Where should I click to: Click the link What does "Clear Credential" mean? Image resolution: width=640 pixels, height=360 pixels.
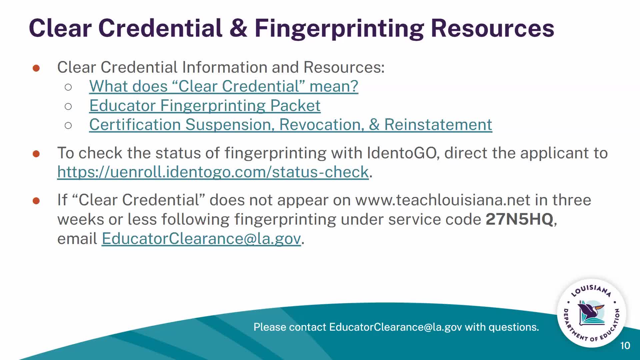point(224,86)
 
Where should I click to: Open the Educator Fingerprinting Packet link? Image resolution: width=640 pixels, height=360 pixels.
point(205,106)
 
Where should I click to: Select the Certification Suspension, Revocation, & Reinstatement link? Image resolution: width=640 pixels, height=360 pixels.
point(290,125)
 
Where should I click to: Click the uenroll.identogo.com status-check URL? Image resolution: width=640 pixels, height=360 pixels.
point(213,172)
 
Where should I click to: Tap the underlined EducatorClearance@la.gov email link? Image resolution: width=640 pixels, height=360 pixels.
point(201,239)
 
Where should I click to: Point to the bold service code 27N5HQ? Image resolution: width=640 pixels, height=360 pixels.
point(519,219)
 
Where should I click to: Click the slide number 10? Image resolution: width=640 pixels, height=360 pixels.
point(625,346)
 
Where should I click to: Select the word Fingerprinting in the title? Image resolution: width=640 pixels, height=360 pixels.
point(339,28)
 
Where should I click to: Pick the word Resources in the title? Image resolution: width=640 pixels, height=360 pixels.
point(492,28)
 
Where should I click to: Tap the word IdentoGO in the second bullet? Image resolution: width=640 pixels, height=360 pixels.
point(401,153)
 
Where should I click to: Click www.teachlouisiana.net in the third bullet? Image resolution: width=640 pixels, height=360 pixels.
point(442,200)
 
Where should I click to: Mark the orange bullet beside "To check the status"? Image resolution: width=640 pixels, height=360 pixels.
point(36,154)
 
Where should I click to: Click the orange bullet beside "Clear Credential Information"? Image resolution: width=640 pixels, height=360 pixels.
point(36,68)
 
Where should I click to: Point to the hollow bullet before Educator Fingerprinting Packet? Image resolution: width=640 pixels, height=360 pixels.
point(68,106)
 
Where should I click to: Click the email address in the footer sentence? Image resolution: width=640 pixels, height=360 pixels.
point(395,327)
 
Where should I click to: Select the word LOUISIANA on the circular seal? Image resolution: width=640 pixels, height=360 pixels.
point(591,290)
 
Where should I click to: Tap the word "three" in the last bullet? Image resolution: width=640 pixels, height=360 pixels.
point(571,200)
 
